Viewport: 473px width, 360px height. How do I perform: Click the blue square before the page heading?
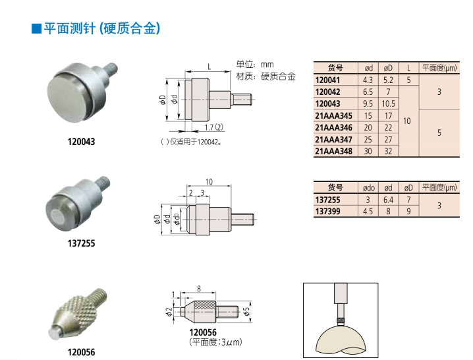point(36,29)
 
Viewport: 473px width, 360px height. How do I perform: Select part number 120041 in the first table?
point(327,80)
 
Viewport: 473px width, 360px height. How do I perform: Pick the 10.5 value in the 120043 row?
point(388,104)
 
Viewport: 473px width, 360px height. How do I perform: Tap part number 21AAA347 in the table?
point(333,140)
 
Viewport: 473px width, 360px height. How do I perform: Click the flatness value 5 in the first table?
point(439,133)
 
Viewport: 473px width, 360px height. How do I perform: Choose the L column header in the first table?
point(408,69)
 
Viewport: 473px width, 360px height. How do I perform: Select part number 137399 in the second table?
point(327,212)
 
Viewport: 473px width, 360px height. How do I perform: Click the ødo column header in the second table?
point(369,188)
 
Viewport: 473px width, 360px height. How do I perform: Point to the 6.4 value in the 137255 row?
point(388,200)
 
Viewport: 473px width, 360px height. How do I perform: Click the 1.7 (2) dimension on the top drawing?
point(214,127)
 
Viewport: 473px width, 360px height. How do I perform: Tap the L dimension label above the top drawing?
point(209,67)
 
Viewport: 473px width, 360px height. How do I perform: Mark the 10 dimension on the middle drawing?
point(209,182)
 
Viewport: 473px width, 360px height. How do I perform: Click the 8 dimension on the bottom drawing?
point(199,289)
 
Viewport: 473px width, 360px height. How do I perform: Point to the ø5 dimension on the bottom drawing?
point(247,311)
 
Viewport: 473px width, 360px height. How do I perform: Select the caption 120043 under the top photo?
point(81,142)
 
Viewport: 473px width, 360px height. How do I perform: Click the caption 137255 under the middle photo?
point(81,243)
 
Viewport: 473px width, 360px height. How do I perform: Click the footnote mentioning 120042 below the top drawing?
point(191,142)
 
